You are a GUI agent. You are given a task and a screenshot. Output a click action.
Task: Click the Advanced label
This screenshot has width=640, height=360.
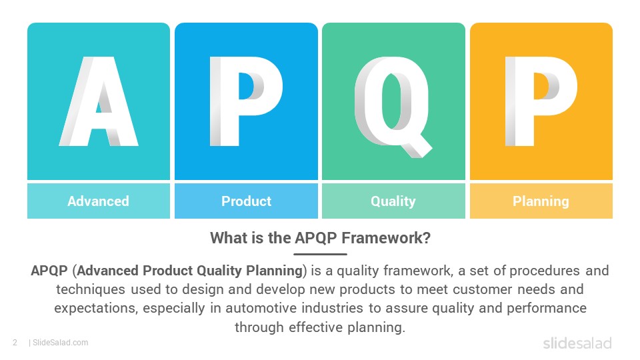(x=99, y=201)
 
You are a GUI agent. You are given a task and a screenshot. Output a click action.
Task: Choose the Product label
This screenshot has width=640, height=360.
(x=246, y=201)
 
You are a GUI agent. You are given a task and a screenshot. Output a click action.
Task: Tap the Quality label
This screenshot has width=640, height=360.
(x=393, y=201)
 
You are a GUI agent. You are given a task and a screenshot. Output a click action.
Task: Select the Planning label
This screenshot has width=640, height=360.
(x=541, y=201)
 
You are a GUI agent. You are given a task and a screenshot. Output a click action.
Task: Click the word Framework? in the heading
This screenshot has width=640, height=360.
(x=386, y=238)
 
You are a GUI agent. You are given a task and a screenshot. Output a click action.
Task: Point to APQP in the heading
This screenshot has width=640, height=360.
(x=316, y=238)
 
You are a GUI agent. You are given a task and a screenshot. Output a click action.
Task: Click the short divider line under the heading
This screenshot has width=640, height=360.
(x=320, y=254)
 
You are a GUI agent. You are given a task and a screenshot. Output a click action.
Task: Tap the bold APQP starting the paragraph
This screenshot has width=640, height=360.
(x=49, y=271)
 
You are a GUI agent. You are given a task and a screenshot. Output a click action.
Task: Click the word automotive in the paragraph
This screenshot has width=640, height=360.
(x=261, y=308)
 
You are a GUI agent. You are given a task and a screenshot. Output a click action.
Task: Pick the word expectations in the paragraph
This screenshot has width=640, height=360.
(x=95, y=309)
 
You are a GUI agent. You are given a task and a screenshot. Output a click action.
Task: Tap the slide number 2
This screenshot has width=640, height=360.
(x=15, y=343)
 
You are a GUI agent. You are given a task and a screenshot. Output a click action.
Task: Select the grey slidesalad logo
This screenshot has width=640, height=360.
(x=577, y=343)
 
